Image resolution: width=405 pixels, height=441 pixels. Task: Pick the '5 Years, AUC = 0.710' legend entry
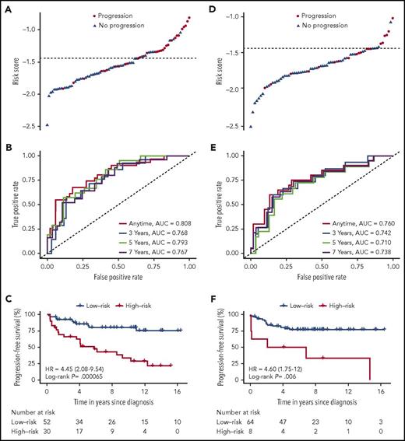click(357, 241)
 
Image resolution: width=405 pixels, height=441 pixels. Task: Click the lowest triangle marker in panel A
click(47, 124)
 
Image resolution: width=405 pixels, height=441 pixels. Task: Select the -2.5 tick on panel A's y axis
click(27, 126)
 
